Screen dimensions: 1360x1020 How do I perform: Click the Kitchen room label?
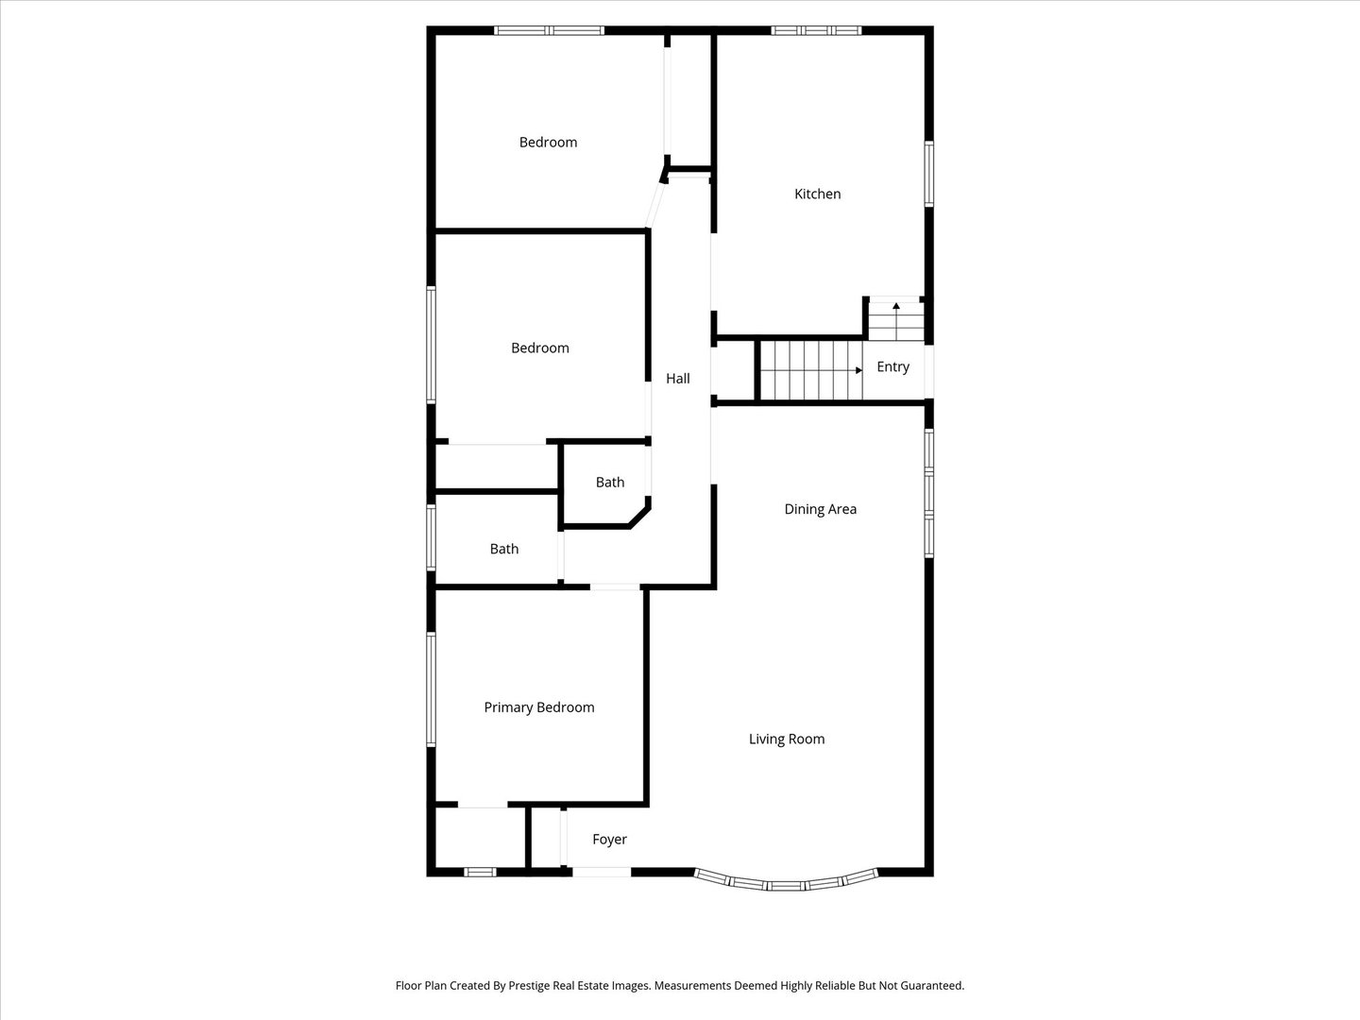pos(817,194)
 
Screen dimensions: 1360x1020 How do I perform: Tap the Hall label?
pos(678,379)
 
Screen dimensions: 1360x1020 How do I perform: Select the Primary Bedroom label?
pos(539,707)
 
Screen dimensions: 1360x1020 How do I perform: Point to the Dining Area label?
pos(821,509)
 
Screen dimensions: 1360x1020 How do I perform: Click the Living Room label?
pos(787,739)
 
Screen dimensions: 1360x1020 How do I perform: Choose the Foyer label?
pos(610,840)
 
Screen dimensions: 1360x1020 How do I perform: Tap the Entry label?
pos(892,366)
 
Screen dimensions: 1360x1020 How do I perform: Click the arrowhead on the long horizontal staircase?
pos(858,370)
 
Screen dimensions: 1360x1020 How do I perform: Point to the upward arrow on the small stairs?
pos(896,321)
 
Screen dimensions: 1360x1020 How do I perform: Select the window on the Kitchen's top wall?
pos(816,30)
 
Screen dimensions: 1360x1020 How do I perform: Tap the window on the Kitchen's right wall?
pos(928,174)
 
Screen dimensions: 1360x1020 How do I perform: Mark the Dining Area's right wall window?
pos(928,493)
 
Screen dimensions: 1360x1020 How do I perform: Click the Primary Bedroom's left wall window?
pos(432,688)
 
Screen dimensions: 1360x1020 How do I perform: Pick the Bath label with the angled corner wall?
pos(610,483)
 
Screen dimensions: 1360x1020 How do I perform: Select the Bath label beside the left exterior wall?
pos(503,549)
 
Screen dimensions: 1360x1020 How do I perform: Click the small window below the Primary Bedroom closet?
pos(480,872)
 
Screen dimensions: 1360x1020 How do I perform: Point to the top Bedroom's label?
pos(548,143)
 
